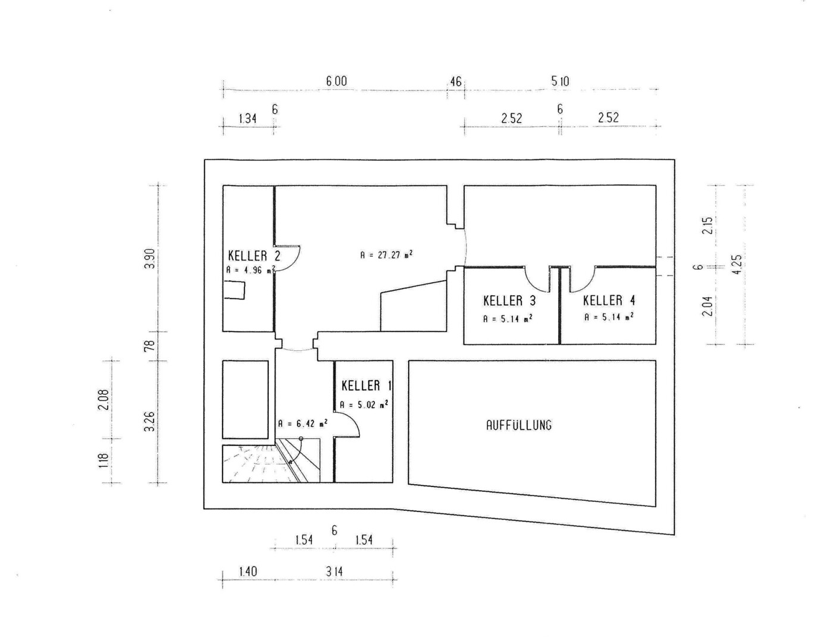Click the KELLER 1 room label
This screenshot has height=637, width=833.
(x=366, y=386)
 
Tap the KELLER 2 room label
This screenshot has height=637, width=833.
(x=254, y=256)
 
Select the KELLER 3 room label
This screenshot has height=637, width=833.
(x=509, y=301)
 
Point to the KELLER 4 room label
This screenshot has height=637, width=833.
(x=609, y=300)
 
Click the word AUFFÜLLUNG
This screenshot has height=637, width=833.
(x=519, y=425)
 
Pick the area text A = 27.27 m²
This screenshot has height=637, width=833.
(x=386, y=255)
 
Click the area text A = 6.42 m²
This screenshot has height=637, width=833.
(x=302, y=423)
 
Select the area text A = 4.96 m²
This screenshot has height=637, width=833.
(x=250, y=270)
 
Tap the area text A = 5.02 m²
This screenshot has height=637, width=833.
(x=364, y=404)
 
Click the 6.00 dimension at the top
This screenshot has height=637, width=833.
(x=336, y=81)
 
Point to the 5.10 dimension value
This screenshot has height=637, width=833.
(x=560, y=81)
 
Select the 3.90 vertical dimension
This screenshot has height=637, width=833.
(x=150, y=259)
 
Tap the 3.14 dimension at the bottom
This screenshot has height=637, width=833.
(x=334, y=572)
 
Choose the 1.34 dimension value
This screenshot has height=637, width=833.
(x=248, y=119)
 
